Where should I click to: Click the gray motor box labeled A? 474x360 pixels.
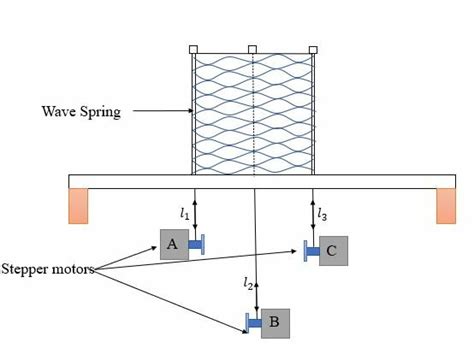point(173,244)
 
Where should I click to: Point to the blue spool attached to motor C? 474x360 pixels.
point(311,251)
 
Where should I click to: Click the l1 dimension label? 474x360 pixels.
point(183,213)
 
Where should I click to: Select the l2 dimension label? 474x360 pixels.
point(248,283)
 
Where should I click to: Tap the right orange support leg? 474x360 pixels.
point(446,205)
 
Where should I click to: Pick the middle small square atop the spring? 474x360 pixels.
point(252,49)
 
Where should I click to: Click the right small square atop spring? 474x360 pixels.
point(313,49)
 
